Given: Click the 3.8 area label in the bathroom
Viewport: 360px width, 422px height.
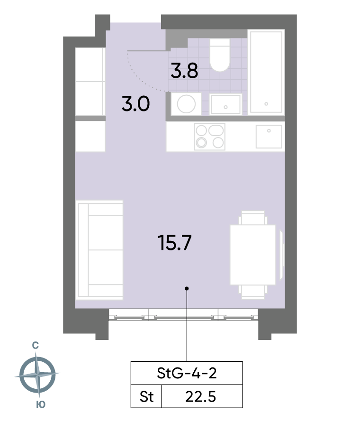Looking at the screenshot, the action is tap(184, 71).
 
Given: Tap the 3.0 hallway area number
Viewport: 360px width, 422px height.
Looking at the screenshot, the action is tap(135, 104).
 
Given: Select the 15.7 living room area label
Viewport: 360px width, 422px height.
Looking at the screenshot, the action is tap(174, 242).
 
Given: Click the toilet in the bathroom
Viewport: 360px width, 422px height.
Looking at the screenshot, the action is tap(220, 55).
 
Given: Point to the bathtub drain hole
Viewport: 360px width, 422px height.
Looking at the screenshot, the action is tap(266, 104).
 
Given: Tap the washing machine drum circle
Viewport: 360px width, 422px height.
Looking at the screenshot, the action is tap(186, 104).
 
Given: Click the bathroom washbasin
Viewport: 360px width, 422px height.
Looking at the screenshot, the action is tap(225, 104).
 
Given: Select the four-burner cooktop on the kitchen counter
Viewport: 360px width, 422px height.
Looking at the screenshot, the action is tap(209, 137).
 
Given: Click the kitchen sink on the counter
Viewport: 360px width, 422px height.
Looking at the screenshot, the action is tap(269, 137).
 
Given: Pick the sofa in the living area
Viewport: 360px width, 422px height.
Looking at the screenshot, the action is tap(99, 250).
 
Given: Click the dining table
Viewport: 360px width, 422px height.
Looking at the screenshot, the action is tap(253, 255).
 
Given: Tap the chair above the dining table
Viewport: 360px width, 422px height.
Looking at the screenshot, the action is tap(253, 218).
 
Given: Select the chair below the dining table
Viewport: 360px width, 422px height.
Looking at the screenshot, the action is tap(253, 292).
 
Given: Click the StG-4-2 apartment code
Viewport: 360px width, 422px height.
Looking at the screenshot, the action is tap(187, 373).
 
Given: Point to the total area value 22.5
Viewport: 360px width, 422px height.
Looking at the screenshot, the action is tap(200, 397).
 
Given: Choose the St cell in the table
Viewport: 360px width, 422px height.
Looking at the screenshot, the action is tap(146, 397).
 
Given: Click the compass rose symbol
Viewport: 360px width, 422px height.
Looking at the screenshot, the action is tap(37, 375).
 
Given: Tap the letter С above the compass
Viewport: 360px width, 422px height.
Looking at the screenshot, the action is tap(35, 345).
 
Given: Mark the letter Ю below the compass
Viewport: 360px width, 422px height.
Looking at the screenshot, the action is tap(41, 404).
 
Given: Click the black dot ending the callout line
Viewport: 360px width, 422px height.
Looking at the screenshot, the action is tap(187, 288).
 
